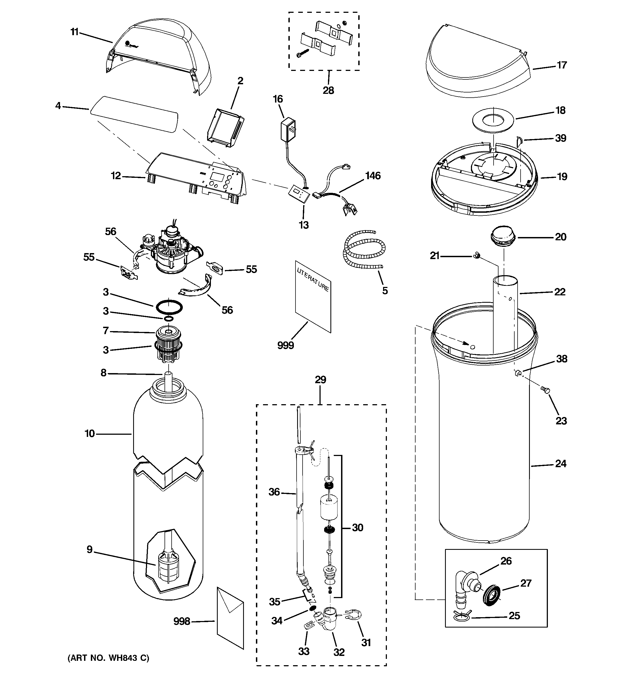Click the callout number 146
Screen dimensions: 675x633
click(373, 176)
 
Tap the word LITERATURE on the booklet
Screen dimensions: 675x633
click(313, 280)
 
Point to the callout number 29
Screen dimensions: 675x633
click(320, 379)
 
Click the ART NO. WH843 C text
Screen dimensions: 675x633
click(108, 658)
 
